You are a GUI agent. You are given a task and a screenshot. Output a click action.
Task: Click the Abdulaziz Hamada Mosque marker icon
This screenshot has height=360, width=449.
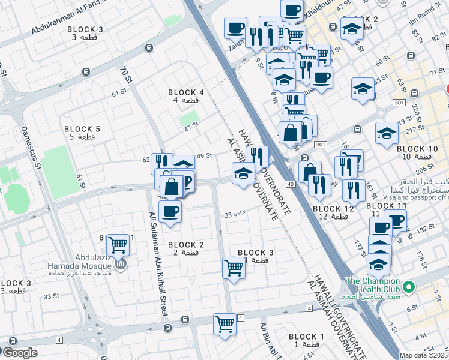tap(121, 265)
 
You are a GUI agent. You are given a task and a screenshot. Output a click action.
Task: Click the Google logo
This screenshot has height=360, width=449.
tap(20, 353)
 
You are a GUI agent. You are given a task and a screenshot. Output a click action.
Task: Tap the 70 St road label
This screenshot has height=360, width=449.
tap(126, 75)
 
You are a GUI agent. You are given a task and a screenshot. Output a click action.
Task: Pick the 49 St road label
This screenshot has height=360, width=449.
tap(205, 155)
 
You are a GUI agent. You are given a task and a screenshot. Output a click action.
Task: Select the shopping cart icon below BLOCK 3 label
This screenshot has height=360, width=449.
tap(233, 268)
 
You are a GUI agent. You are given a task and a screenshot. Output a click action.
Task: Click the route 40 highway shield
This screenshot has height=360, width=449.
tap(290, 184)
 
